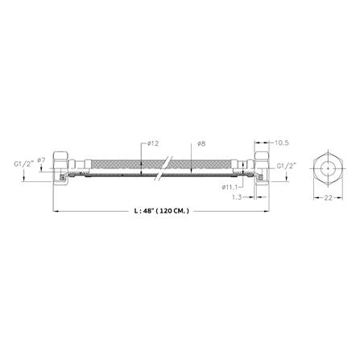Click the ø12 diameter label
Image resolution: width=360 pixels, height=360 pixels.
click(x=153, y=144)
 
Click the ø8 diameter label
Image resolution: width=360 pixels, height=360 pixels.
click(x=201, y=144)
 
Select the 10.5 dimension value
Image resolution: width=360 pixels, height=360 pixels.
click(x=282, y=143)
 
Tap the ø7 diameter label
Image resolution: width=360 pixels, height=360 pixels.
click(x=41, y=160)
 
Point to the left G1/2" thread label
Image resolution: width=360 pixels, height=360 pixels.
click(x=23, y=163)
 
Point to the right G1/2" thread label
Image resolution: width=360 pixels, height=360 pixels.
click(x=287, y=167)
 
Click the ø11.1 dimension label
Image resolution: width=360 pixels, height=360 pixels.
click(x=230, y=187)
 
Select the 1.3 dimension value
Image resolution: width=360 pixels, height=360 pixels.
click(x=237, y=197)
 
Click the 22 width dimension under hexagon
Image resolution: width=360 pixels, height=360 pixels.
click(x=328, y=198)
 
